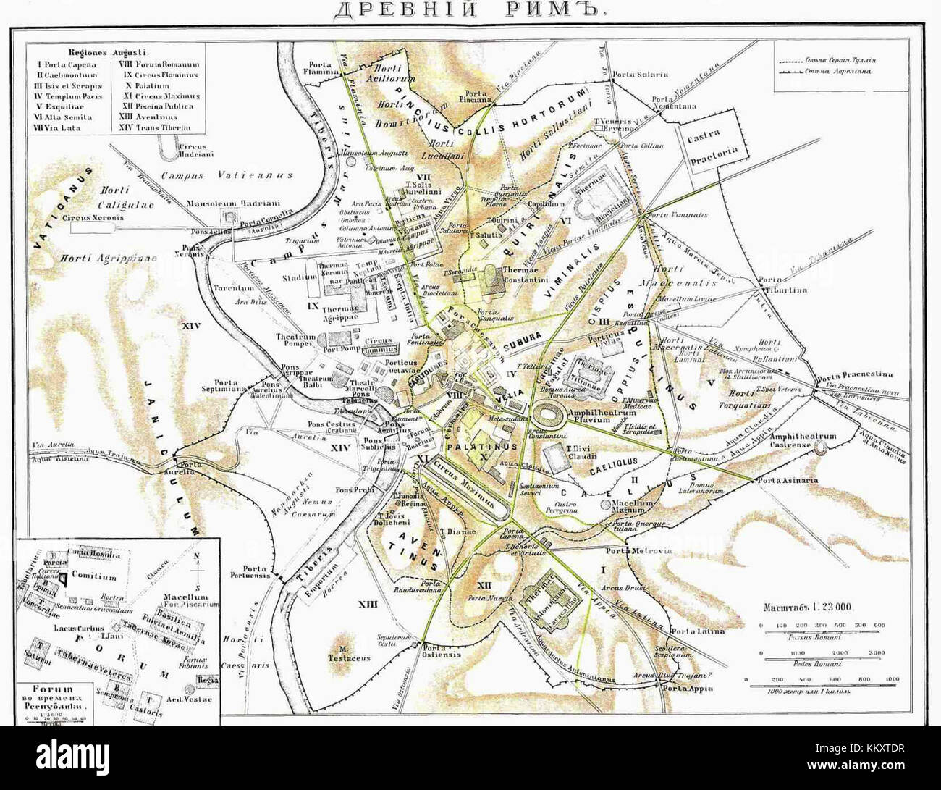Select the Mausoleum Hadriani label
tap(221, 203)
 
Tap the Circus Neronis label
tap(92, 217)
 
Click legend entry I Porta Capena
tap(64, 64)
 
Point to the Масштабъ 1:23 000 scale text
tap(807, 606)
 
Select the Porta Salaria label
tap(640, 74)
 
